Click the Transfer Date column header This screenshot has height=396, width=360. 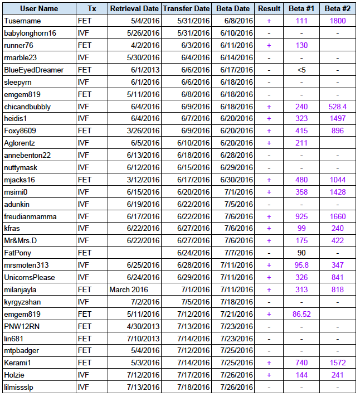(x=186, y=9)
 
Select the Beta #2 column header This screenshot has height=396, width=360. (x=338, y=9)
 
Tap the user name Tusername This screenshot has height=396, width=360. (x=22, y=21)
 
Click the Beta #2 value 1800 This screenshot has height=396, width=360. (x=338, y=21)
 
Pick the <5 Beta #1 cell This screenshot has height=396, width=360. (x=301, y=70)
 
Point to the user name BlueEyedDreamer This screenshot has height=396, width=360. (x=33, y=70)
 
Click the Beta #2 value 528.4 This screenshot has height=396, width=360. (x=338, y=107)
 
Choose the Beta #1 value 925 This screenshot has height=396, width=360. (x=301, y=216)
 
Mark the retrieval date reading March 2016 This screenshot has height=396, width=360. (x=129, y=289)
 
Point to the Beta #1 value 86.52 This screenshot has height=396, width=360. (x=301, y=314)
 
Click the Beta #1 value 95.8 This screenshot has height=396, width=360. (x=301, y=265)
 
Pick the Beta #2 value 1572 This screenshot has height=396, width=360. (x=338, y=363)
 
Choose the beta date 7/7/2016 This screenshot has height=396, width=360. (x=236, y=253)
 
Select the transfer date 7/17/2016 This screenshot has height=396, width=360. (x=193, y=375)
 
